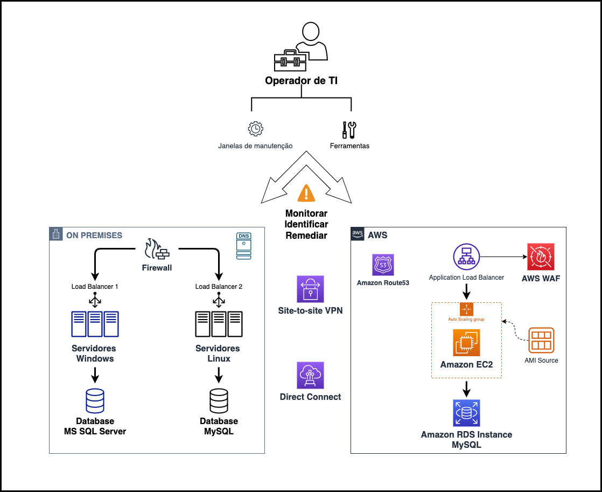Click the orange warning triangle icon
click(306, 192)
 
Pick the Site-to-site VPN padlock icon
click(310, 289)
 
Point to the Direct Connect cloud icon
click(310, 375)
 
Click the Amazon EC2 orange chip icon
click(466, 343)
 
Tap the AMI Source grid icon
click(541, 341)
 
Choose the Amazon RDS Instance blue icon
click(466, 413)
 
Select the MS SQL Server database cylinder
click(95, 400)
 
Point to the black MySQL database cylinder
click(219, 400)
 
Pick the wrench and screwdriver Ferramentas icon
click(349, 129)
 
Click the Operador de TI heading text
click(302, 81)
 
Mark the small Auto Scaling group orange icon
click(466, 309)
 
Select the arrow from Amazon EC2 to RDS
click(466, 388)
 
